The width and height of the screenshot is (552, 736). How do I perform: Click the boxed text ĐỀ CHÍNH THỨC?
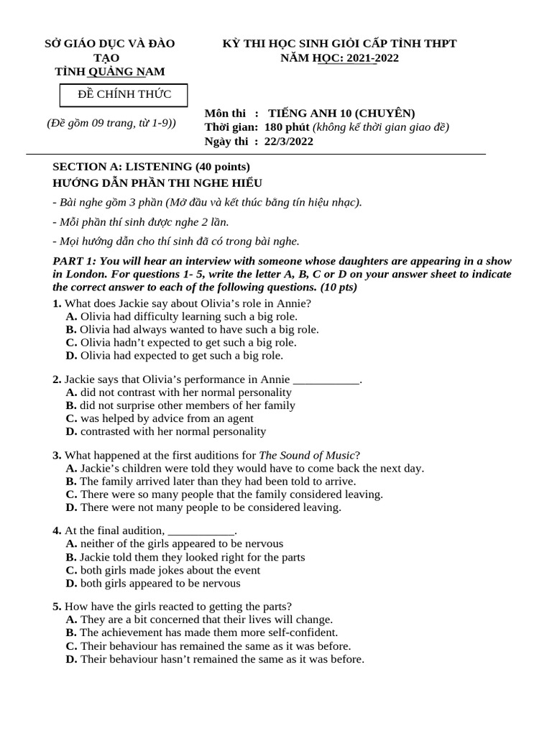pyautogui.click(x=124, y=95)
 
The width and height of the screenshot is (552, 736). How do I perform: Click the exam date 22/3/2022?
pyautogui.click(x=288, y=141)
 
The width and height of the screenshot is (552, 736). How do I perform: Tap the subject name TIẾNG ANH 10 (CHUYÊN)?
pyautogui.click(x=341, y=114)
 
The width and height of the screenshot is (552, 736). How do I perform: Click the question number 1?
pyautogui.click(x=57, y=303)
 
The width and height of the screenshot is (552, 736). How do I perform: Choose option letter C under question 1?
pyautogui.click(x=71, y=342)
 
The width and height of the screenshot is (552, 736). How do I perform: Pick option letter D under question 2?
pyautogui.click(x=71, y=431)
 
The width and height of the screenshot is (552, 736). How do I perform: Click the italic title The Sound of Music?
pyautogui.click(x=307, y=455)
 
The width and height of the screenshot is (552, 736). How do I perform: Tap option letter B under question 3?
pyautogui.click(x=70, y=481)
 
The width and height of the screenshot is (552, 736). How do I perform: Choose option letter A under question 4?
pyautogui.click(x=71, y=543)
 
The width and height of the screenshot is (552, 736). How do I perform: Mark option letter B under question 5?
pyautogui.click(x=70, y=632)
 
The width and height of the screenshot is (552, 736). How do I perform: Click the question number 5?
pyautogui.click(x=57, y=606)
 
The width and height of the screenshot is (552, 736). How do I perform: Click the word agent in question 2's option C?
pyautogui.click(x=239, y=418)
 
